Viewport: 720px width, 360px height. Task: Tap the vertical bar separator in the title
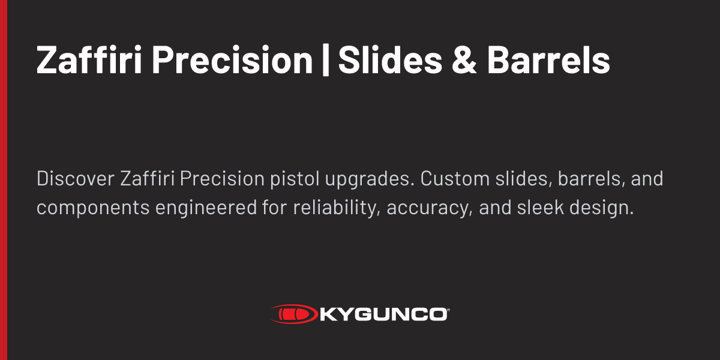point(326,61)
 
